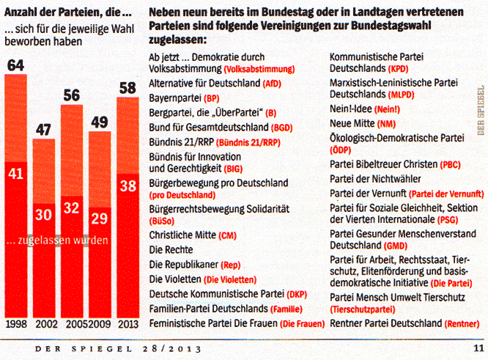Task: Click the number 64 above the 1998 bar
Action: [16, 65]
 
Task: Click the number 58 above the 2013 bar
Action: [128, 88]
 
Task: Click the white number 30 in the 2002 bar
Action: [45, 214]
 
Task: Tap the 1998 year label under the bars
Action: [17, 323]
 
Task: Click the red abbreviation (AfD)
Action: [273, 84]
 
